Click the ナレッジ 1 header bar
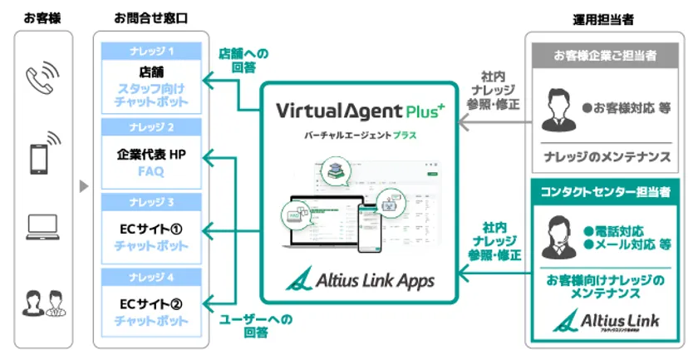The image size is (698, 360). coord(152,52)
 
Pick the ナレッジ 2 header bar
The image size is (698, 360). coord(152,128)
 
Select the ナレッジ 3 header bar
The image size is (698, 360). coord(152,202)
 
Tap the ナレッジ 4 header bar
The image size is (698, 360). coord(152,276)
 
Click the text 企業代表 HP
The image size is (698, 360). coord(152,155)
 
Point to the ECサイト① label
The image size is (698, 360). coord(152,228)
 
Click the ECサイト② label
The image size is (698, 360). coord(152,302)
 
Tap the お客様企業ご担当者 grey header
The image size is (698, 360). coord(606,56)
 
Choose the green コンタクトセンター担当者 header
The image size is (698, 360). coord(606,192)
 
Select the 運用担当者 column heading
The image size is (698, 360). coord(605,16)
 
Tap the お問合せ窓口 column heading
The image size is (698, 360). coord(152,16)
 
